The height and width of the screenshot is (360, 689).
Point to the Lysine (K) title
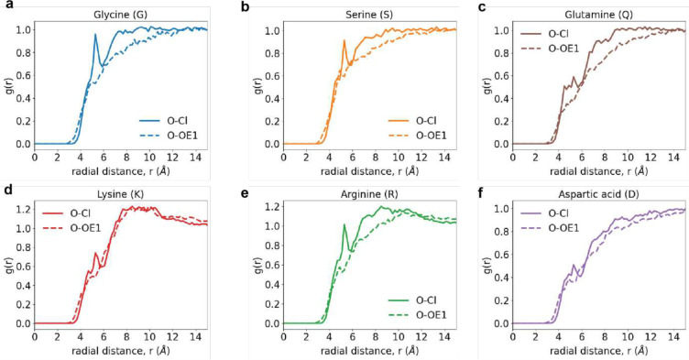point(121,194)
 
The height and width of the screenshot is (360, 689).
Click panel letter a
point(6,7)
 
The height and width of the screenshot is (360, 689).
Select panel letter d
point(6,187)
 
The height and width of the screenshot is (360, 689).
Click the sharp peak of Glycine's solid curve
point(95,35)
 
